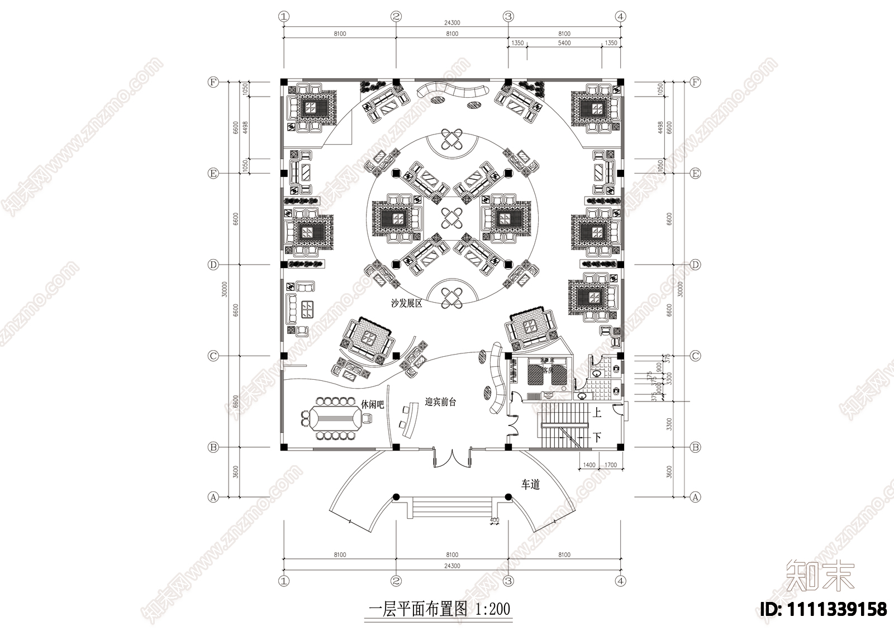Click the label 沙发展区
click(x=406, y=304)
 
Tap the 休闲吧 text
click(x=373, y=404)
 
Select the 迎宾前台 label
click(x=440, y=401)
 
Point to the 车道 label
click(x=530, y=485)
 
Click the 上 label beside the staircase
click(x=597, y=414)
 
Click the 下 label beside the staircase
click(x=597, y=438)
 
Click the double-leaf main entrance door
click(x=451, y=459)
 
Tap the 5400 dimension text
click(x=564, y=43)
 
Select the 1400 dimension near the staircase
click(x=588, y=465)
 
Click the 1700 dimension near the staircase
click(x=611, y=465)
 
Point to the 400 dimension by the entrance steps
click(x=494, y=520)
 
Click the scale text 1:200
click(x=492, y=609)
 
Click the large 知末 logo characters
click(x=820, y=576)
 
